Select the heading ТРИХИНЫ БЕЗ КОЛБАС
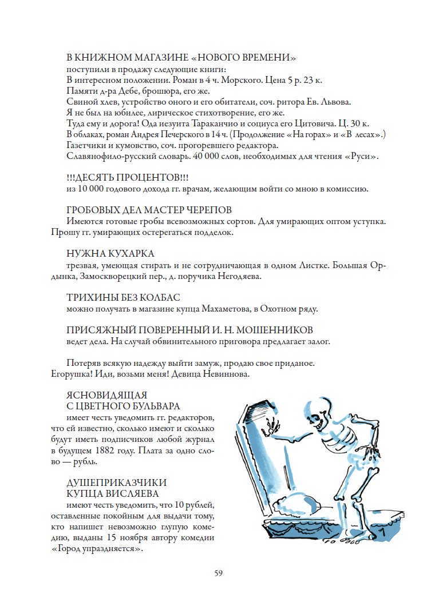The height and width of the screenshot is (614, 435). pyautogui.click(x=123, y=297)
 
